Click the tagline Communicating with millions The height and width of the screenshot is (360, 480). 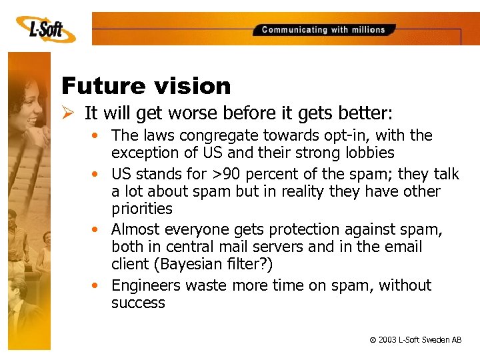(323, 30)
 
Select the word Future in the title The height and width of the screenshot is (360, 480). (100, 86)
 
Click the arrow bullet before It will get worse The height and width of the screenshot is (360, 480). (69, 112)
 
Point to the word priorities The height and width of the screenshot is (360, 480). (142, 209)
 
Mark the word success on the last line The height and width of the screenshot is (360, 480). (138, 303)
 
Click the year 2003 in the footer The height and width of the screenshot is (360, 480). (387, 340)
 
